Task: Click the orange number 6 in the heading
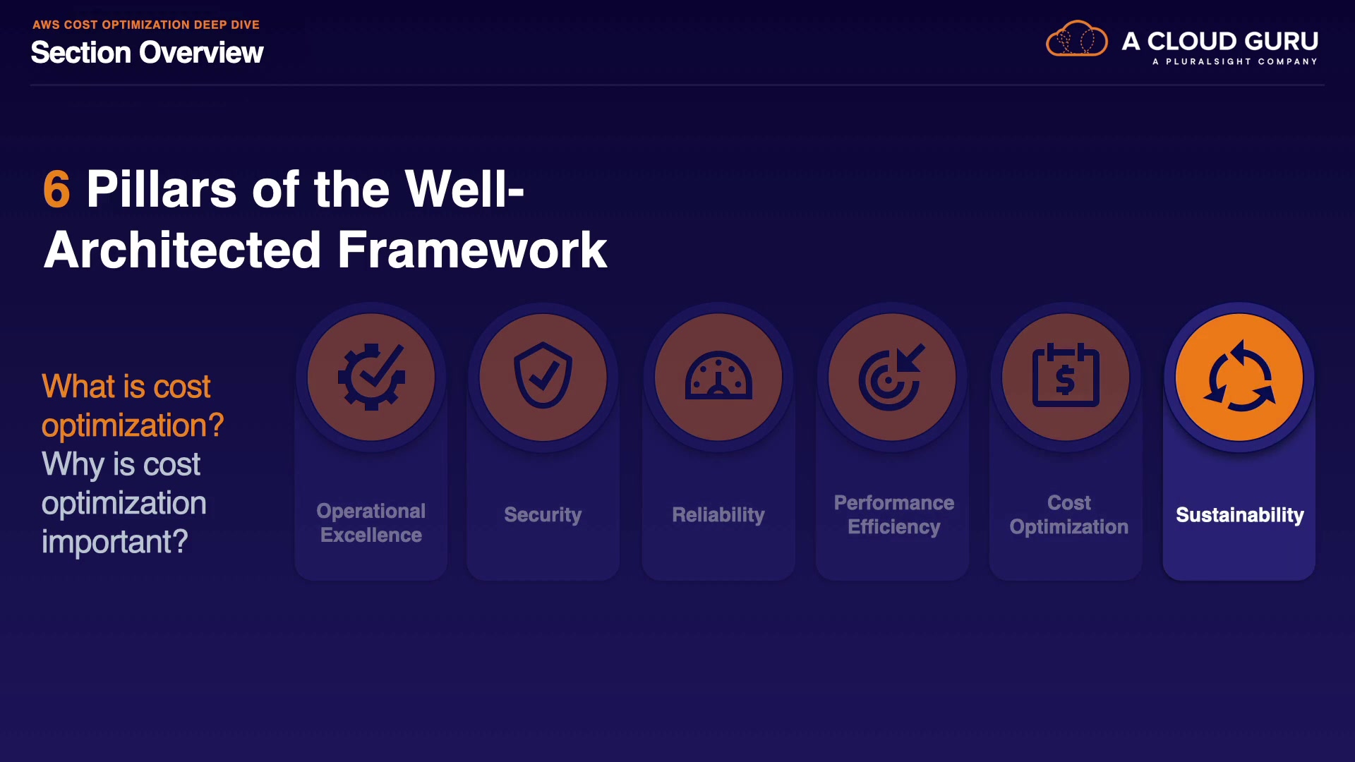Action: click(x=56, y=189)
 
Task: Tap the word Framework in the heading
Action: click(x=472, y=250)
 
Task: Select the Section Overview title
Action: click(x=147, y=52)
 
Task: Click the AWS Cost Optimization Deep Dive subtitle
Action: click(x=146, y=25)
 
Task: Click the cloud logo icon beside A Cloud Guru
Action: click(x=1077, y=39)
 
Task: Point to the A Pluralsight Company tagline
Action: click(x=1235, y=61)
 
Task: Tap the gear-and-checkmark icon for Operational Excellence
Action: click(x=371, y=377)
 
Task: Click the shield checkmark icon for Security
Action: click(x=543, y=375)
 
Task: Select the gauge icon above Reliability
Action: click(x=718, y=375)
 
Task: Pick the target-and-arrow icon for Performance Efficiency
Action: click(x=891, y=377)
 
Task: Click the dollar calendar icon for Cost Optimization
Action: click(x=1066, y=375)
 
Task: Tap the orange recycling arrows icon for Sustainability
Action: click(x=1239, y=377)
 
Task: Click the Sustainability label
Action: click(x=1240, y=515)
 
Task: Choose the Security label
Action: click(x=543, y=515)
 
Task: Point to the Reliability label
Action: click(x=718, y=515)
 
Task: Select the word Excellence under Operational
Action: click(x=371, y=535)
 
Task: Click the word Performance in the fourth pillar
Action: click(x=894, y=502)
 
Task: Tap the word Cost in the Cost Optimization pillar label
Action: click(x=1069, y=502)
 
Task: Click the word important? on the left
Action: click(x=115, y=542)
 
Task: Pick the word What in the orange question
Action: click(x=78, y=387)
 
